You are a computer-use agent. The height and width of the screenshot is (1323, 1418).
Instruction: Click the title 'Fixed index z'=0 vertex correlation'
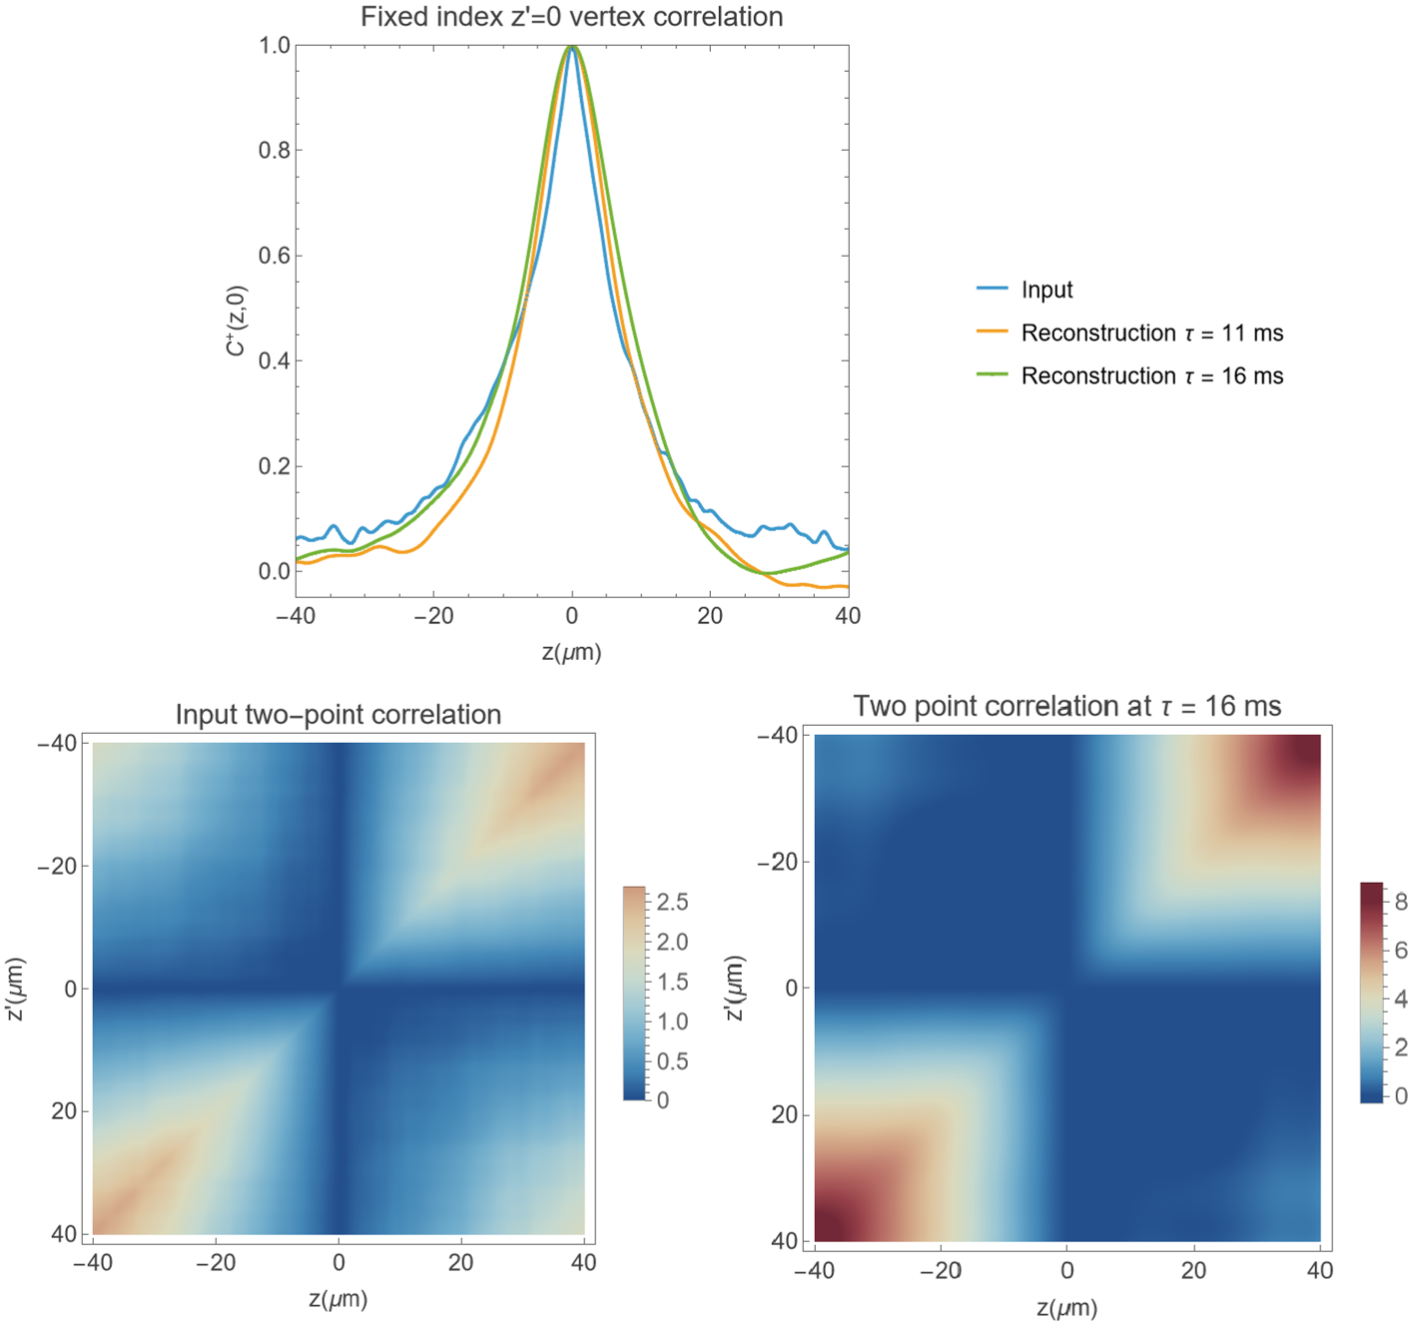(571, 17)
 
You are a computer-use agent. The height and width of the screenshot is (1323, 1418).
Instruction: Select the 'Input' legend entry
(1046, 290)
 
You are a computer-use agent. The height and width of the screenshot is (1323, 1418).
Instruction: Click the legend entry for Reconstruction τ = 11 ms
(1151, 332)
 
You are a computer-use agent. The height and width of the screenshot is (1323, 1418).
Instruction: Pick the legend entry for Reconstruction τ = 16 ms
(1151, 376)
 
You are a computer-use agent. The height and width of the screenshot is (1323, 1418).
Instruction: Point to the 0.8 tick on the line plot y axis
(274, 151)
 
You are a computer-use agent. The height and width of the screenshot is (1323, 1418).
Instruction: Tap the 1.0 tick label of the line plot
(274, 45)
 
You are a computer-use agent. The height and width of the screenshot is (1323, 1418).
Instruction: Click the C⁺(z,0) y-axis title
(236, 321)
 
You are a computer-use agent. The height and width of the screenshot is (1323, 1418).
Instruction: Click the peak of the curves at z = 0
(571, 46)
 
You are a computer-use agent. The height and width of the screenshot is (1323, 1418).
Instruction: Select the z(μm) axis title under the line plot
(571, 652)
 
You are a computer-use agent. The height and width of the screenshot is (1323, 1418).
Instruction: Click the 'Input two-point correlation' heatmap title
(338, 715)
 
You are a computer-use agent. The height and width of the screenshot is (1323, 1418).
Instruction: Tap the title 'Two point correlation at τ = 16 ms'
(1066, 707)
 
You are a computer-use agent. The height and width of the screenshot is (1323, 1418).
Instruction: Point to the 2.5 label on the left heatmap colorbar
(672, 902)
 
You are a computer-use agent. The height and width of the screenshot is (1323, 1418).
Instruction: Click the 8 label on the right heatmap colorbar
(1400, 902)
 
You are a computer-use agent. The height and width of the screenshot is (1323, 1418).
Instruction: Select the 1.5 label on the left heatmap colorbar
(672, 982)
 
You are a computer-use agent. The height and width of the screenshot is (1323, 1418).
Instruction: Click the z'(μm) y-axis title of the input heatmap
(15, 989)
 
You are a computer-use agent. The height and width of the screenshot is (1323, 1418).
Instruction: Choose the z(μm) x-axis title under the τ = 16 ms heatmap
(1066, 1308)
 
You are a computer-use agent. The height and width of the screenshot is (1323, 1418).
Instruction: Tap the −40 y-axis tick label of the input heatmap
(57, 743)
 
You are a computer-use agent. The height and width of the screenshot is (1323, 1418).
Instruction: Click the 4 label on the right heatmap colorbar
(1400, 998)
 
